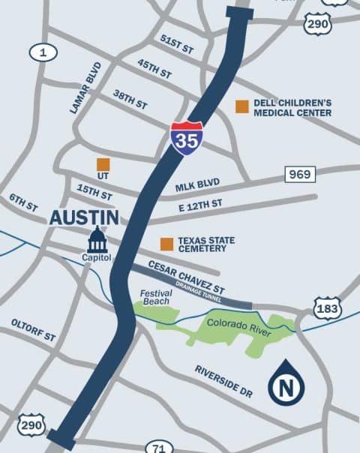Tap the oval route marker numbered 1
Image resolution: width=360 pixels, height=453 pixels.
43,52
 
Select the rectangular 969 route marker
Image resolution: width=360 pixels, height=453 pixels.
300,175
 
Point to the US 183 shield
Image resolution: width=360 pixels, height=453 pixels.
328,308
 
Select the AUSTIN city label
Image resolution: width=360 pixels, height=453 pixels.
84,217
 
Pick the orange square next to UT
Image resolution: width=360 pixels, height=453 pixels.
103,164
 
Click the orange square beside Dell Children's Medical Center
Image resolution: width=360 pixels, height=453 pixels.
241,106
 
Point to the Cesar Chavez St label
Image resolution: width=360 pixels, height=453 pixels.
187,276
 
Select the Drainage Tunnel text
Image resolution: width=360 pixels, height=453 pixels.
196,288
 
